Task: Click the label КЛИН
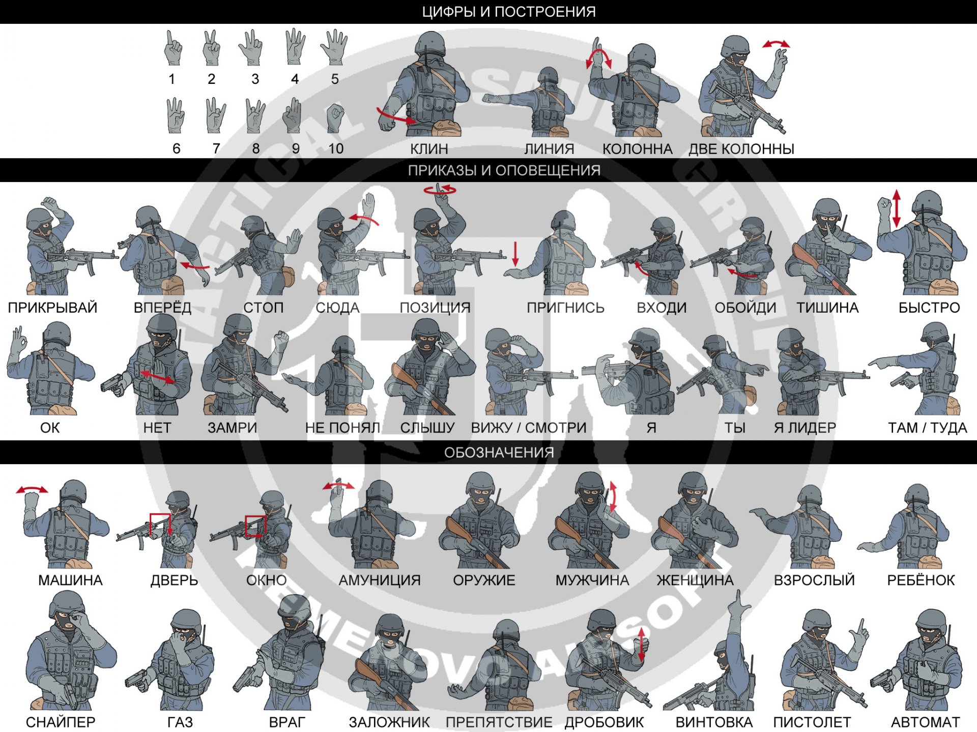[x=429, y=149]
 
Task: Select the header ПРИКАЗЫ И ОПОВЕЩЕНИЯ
[x=504, y=170]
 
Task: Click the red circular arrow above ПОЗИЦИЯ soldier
[x=440, y=190]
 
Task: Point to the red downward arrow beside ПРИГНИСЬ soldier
[x=515, y=254]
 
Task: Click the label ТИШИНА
[x=827, y=308]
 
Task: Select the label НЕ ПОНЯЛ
[x=342, y=428]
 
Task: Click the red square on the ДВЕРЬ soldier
[x=160, y=525]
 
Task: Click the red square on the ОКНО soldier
[x=255, y=526]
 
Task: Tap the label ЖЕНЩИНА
[x=695, y=580]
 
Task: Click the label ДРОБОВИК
[x=604, y=722]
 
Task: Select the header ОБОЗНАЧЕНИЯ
[x=499, y=452]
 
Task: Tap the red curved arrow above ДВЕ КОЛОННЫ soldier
[x=776, y=44]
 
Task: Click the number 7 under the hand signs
[x=216, y=149]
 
